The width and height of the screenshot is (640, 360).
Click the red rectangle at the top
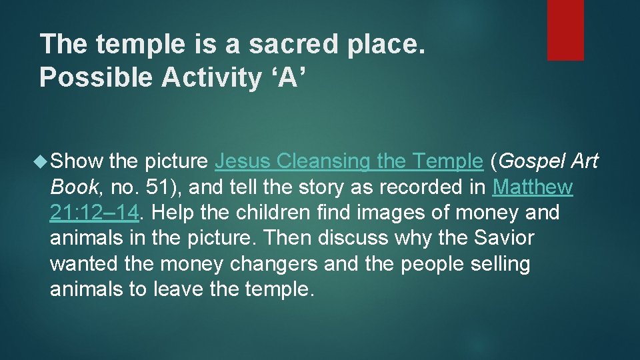pyautogui.click(x=565, y=30)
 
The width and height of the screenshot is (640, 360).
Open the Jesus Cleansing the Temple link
pyautogui.click(x=349, y=161)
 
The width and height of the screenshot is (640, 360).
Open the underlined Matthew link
pyautogui.click(x=532, y=187)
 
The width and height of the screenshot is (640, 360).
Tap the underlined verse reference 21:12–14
pyautogui.click(x=94, y=213)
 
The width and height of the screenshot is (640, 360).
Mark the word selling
pyautogui.click(x=497, y=264)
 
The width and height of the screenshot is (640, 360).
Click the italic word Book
pyautogui.click(x=74, y=187)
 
